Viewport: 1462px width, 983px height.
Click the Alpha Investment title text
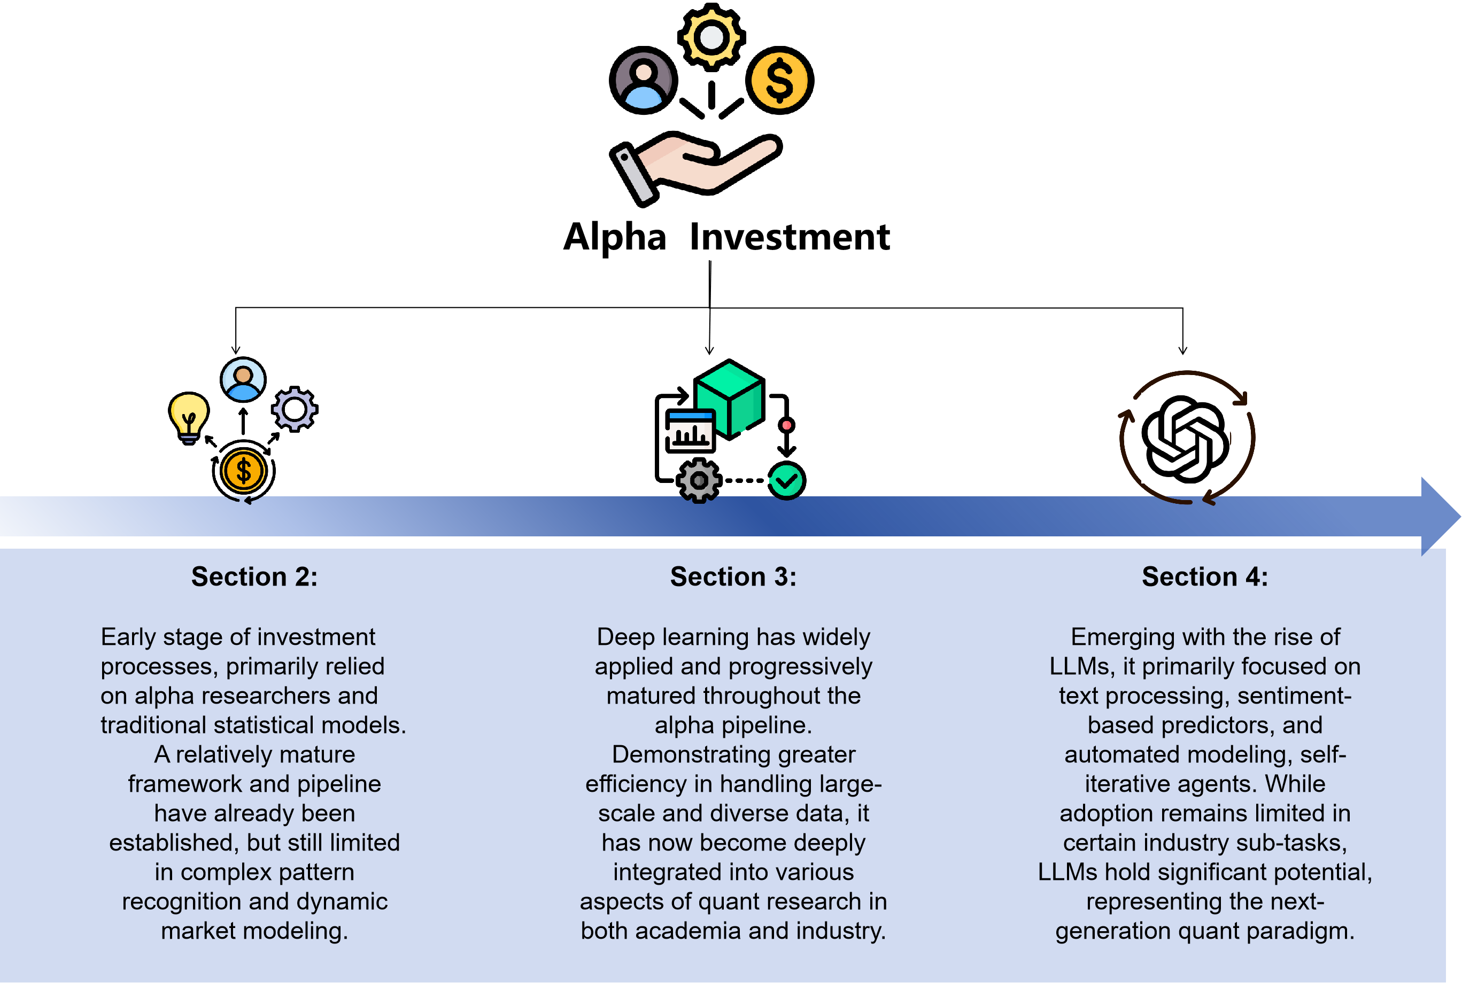point(726,237)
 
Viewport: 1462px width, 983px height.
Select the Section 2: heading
point(254,576)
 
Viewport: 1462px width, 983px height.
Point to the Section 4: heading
point(1204,576)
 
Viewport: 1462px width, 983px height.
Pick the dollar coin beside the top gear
point(779,80)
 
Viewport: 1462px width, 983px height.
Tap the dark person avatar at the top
point(643,80)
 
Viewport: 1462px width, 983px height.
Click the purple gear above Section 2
point(294,409)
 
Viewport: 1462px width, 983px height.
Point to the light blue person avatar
point(243,379)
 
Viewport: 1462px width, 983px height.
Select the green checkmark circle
point(786,481)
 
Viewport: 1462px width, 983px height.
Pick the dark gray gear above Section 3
point(699,481)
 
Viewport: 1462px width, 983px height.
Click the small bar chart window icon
point(689,431)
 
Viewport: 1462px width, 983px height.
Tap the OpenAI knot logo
point(1184,439)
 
